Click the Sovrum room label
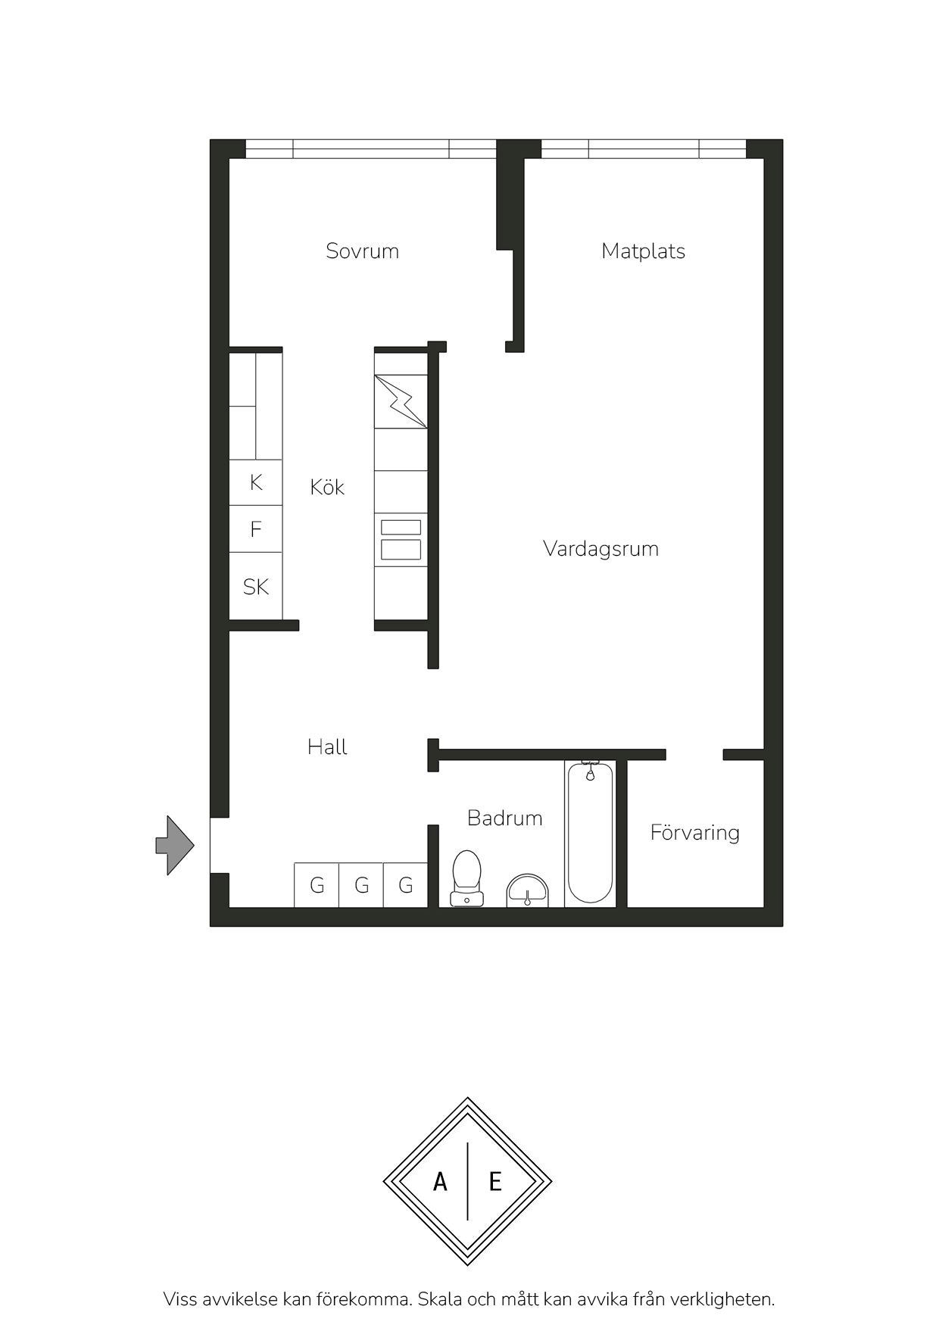click(362, 251)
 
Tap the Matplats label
click(643, 251)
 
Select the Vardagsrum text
click(601, 549)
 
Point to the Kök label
click(327, 486)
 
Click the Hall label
click(327, 747)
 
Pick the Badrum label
click(504, 818)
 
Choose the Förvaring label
click(694, 833)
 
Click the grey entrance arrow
click(175, 846)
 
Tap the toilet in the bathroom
click(466, 878)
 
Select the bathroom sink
click(528, 891)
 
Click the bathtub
click(591, 834)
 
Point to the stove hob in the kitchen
click(401, 539)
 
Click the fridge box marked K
click(256, 482)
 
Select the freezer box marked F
click(256, 528)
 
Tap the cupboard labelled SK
click(256, 586)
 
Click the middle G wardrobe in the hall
click(361, 885)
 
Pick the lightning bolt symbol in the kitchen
click(401, 401)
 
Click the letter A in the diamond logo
click(440, 1181)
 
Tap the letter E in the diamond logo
click(495, 1181)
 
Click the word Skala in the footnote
click(441, 1300)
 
